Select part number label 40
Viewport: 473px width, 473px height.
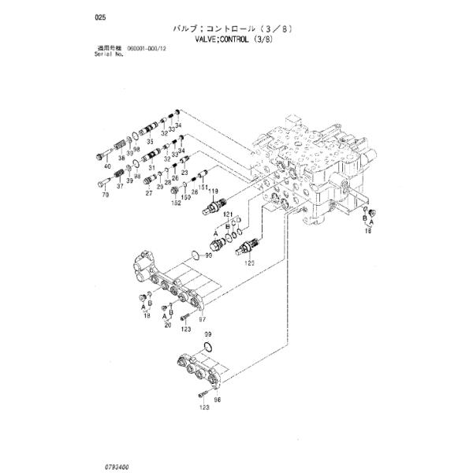point(107,166)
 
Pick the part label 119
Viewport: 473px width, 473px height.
point(212,191)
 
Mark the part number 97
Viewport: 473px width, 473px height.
point(202,319)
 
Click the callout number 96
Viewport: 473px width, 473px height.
point(218,400)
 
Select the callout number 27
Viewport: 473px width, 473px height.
point(148,193)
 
